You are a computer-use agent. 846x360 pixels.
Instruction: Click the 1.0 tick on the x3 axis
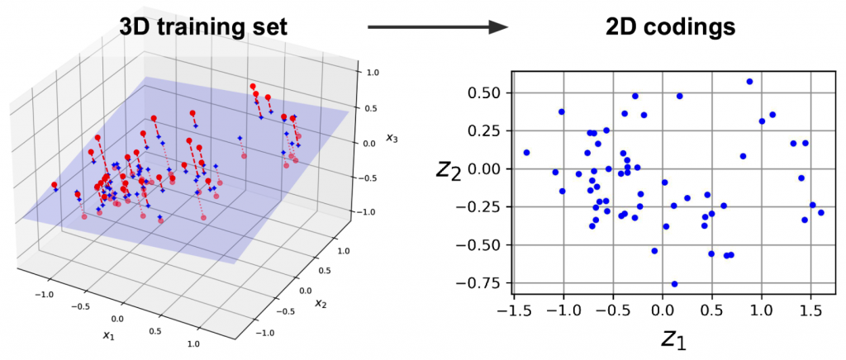(x=373, y=72)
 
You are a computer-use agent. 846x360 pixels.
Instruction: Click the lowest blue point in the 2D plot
(x=674, y=284)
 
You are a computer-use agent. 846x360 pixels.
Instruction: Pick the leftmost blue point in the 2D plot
(x=526, y=153)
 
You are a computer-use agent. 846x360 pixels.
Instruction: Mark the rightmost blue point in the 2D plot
(x=820, y=212)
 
